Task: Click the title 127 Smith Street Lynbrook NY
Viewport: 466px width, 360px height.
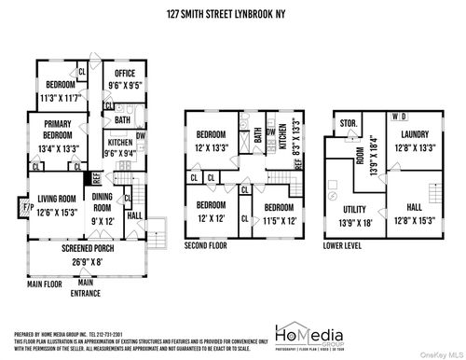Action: pyautogui.click(x=232, y=15)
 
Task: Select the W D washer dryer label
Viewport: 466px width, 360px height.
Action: pyautogui.click(x=398, y=116)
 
